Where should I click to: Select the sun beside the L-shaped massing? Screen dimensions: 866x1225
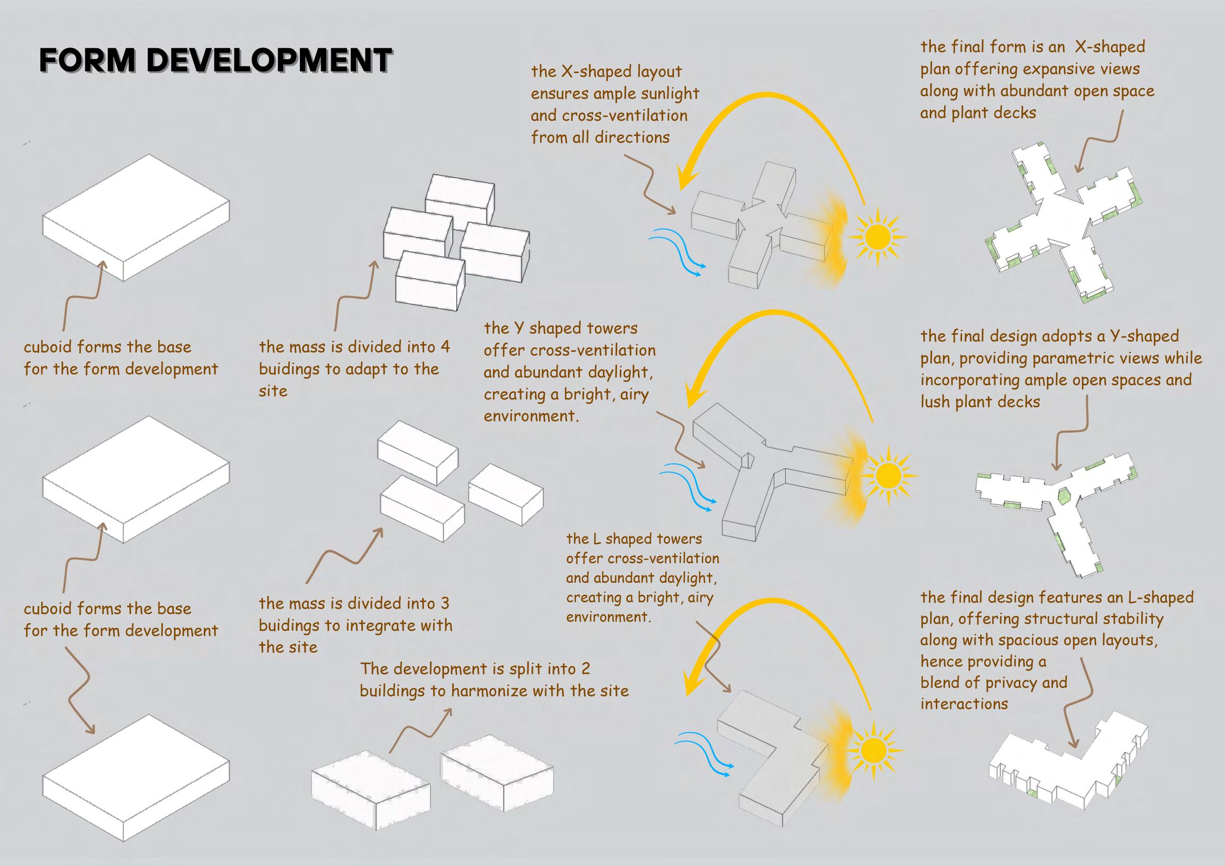click(x=873, y=750)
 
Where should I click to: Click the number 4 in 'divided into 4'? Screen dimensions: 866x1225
click(x=445, y=347)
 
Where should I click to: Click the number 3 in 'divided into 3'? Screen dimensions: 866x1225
click(x=445, y=604)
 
